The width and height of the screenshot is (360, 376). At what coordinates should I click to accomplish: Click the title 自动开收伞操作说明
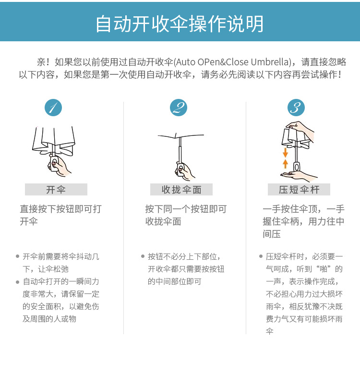click(x=180, y=24)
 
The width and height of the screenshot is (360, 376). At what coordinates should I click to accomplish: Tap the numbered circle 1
click(x=53, y=108)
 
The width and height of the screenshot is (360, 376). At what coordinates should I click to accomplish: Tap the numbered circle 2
click(x=179, y=108)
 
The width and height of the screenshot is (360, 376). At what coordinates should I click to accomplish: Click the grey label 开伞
click(x=56, y=190)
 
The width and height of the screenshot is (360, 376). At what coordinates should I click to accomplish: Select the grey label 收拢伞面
click(x=181, y=190)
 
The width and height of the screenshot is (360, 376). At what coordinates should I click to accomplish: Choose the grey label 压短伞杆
click(x=299, y=190)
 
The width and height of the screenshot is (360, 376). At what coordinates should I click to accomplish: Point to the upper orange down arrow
click(x=285, y=153)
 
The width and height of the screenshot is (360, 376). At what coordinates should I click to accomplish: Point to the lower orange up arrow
click(x=285, y=163)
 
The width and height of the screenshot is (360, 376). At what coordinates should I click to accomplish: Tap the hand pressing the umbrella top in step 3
click(x=301, y=128)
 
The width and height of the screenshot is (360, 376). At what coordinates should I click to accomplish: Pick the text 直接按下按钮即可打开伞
click(x=60, y=215)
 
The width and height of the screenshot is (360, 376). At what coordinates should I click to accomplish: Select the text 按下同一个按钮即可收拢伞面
click(x=186, y=215)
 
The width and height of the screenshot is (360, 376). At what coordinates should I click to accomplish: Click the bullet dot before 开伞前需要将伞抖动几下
click(x=17, y=256)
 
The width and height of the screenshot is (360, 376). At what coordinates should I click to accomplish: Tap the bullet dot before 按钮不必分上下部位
click(x=143, y=256)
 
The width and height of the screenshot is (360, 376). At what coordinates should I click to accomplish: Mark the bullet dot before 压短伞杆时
click(x=261, y=256)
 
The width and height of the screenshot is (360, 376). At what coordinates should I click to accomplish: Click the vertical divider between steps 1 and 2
click(x=124, y=216)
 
